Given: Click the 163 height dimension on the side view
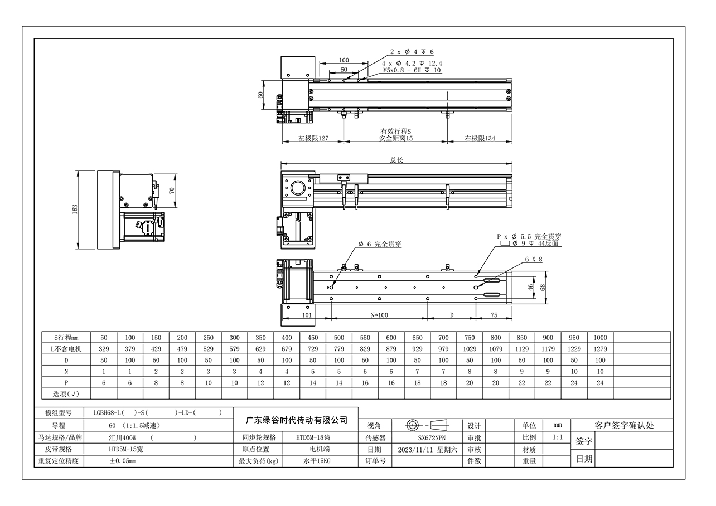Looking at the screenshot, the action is pos(75,209).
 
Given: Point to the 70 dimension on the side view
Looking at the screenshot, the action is pos(172,191).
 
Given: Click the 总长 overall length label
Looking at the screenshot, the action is pos(396,160).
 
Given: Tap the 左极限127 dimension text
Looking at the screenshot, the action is pos(313,138).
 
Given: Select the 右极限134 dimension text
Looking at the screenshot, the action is pos(480,138).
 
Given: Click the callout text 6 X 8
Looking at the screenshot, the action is pos(534,259).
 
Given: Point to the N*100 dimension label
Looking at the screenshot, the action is pos(379,315).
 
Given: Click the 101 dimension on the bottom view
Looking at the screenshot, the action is pos(307,315).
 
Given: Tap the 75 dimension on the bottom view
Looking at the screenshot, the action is pos(494,315).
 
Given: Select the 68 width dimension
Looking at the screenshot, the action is pos(543,288).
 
